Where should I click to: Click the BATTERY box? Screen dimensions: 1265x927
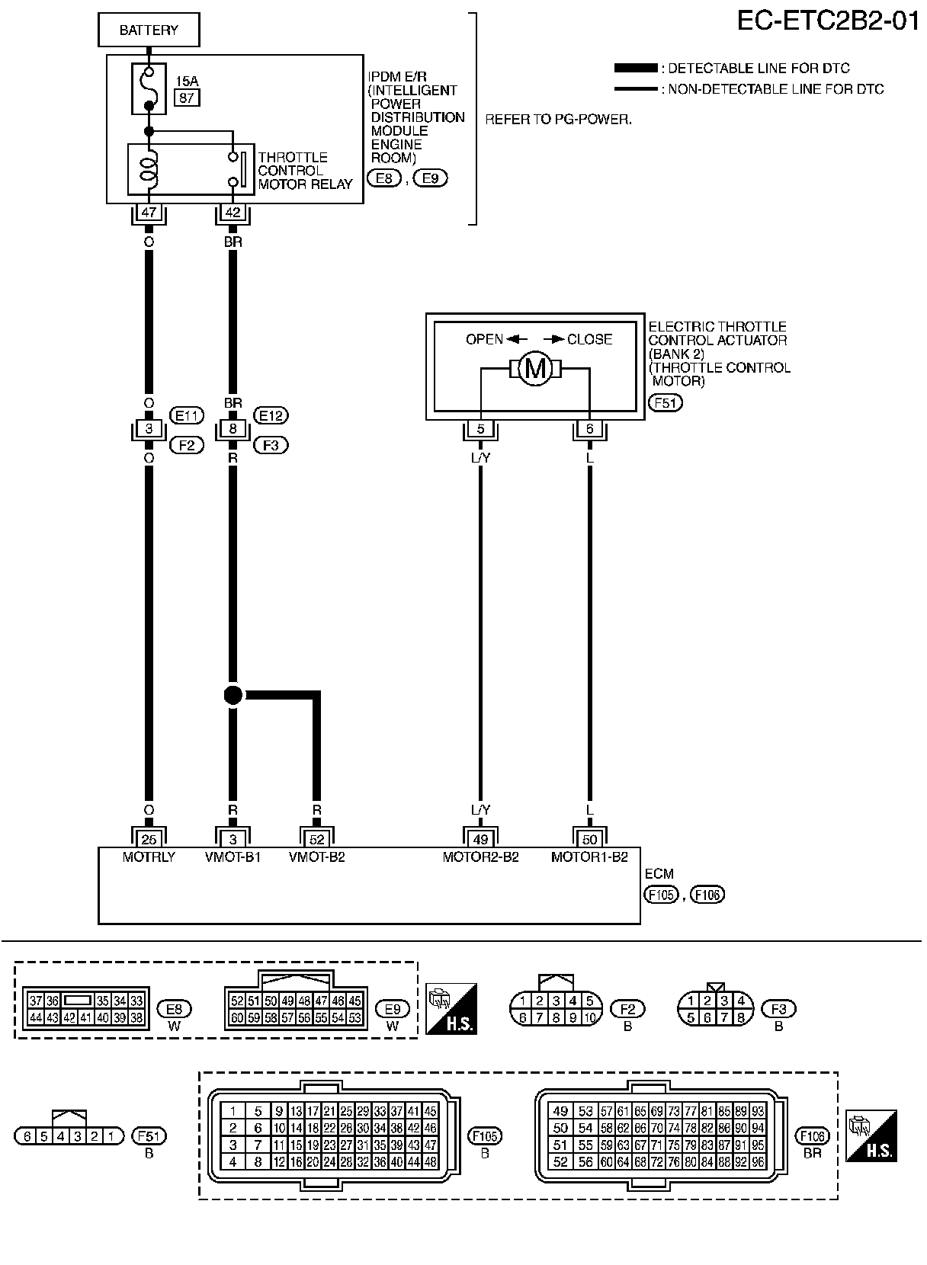149,31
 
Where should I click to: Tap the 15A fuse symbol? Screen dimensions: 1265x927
149,89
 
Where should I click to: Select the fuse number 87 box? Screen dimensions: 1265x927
187,97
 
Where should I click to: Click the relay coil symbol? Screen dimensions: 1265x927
149,168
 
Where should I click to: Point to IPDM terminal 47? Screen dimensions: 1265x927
149,213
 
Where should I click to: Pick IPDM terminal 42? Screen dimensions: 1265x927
233,213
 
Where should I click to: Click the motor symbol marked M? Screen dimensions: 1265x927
535,370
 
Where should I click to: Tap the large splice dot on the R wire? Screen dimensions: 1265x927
233,695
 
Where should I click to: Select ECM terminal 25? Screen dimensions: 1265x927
149,839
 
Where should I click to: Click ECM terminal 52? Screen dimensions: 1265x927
317,839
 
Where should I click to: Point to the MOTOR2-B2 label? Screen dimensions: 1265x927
480,857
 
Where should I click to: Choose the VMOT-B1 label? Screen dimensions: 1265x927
233,857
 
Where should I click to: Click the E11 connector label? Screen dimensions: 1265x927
186,415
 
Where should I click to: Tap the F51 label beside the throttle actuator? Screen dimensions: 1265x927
666,402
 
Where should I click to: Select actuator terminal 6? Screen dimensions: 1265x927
589,429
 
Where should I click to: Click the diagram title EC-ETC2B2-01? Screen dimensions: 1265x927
828,21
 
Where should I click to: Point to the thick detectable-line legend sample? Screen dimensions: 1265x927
635,69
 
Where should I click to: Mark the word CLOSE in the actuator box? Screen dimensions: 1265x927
589,340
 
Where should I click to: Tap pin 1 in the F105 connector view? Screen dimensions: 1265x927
233,1112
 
